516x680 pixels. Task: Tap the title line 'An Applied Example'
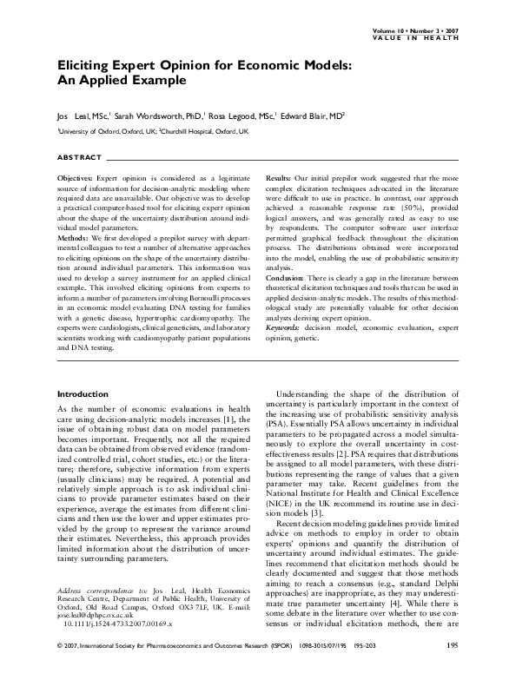[x=122, y=81]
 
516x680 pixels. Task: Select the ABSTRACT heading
[x=77, y=158]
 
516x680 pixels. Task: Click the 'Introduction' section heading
[x=82, y=393]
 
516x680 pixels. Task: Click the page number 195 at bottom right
[x=452, y=670]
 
